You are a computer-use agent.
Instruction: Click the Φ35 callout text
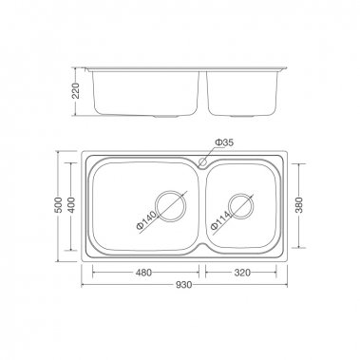(224, 142)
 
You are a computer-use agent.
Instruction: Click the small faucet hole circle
(202, 161)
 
